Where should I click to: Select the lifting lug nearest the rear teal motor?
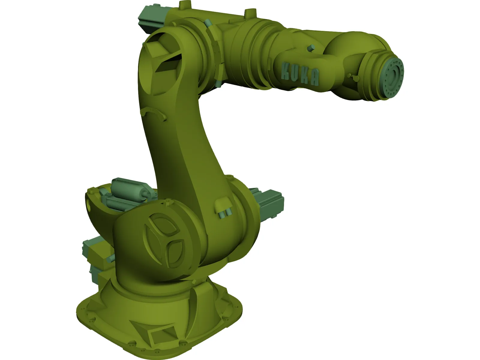(183, 5)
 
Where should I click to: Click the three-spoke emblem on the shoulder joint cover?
(164, 240)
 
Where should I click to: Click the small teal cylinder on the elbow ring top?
(207, 23)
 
